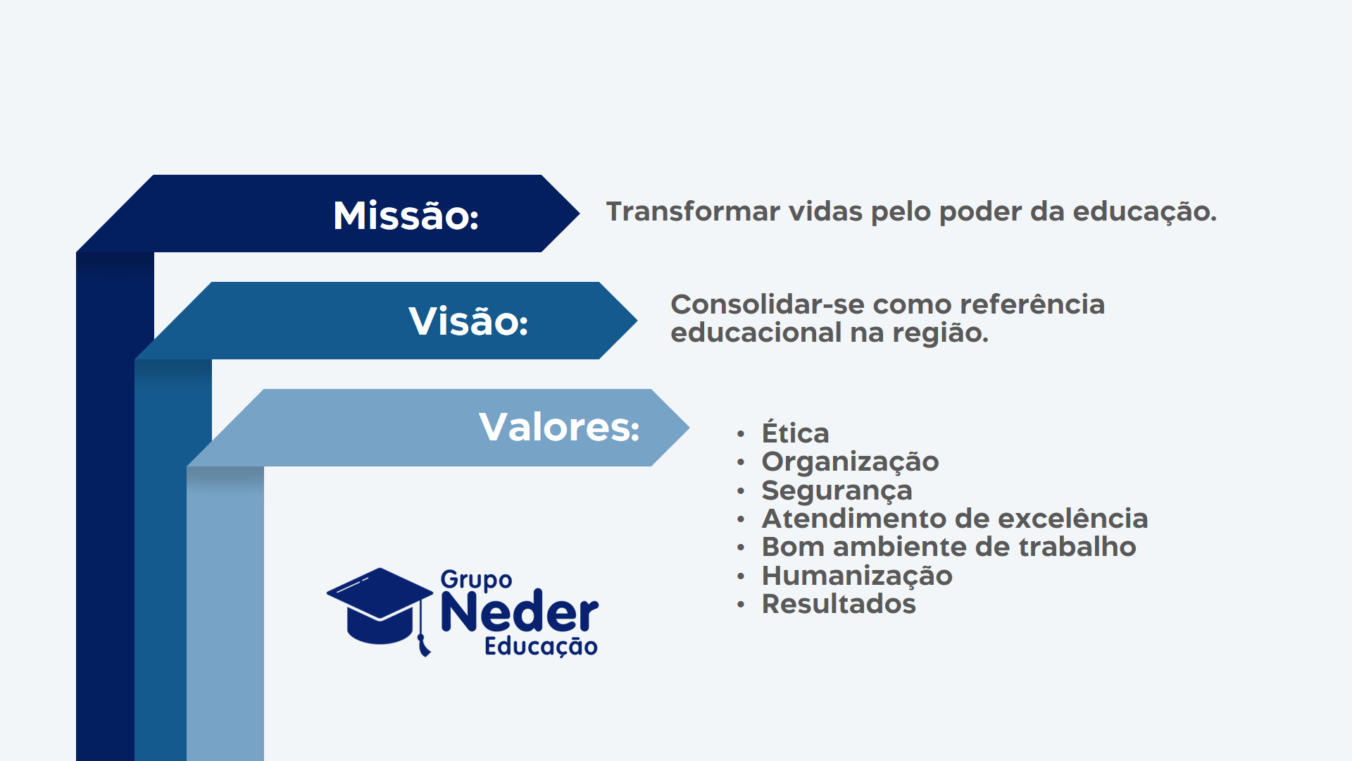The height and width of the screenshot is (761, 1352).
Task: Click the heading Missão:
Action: [x=406, y=216]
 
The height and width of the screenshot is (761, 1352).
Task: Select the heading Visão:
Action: [x=468, y=321]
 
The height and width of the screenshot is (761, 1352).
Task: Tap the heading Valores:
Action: [x=559, y=427]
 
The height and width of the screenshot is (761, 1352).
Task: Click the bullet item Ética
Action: [x=796, y=432]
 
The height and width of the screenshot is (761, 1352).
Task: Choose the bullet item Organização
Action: [x=850, y=462]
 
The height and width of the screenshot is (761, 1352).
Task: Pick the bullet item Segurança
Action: [x=837, y=491]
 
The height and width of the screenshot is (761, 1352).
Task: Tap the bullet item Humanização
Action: [x=857, y=576]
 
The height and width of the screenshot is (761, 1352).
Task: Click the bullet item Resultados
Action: [x=839, y=604]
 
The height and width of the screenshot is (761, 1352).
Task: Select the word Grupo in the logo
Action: [x=476, y=581]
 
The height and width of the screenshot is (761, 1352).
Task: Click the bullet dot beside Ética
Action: [x=741, y=433]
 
